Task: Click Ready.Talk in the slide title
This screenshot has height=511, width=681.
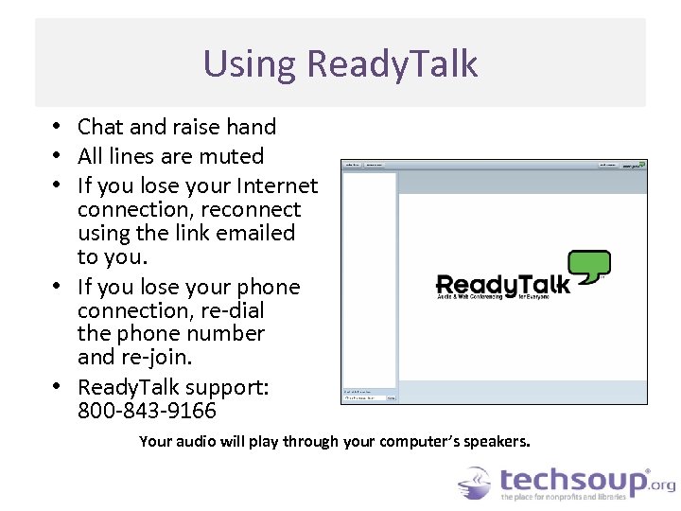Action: coord(393,64)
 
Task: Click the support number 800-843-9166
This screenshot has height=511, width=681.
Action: coord(147,411)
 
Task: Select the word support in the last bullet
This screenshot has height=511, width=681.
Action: coord(233,387)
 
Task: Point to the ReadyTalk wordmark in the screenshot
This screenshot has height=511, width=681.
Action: coord(502,284)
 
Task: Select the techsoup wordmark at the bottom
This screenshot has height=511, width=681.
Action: coord(573,481)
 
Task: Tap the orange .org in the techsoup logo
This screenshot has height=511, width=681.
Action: coord(663,485)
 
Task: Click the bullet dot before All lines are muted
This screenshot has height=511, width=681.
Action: coord(58,156)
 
